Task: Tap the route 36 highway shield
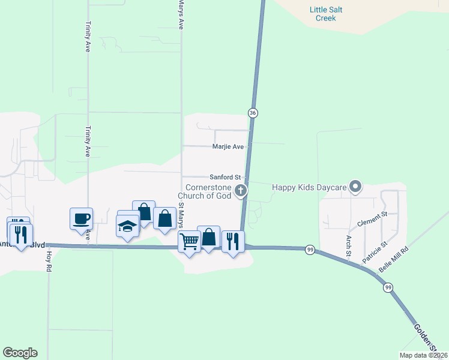click(253, 113)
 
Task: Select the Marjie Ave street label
click(228, 146)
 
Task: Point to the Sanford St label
click(225, 178)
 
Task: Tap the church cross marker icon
click(241, 191)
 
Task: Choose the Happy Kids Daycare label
click(309, 187)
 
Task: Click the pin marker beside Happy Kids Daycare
click(355, 187)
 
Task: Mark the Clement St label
click(373, 221)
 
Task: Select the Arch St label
click(348, 244)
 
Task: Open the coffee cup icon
click(81, 218)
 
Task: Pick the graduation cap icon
click(127, 226)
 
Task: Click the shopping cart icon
click(190, 241)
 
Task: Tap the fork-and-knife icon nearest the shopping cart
click(233, 241)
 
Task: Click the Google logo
click(20, 353)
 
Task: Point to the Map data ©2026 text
click(423, 355)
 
